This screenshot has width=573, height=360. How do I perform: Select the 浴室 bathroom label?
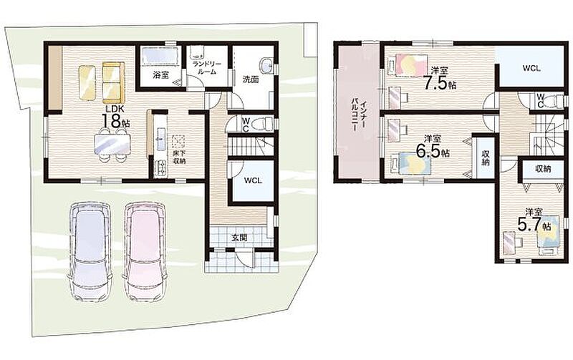pyautogui.click(x=160, y=76)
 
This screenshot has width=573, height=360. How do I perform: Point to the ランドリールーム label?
pyautogui.click(x=207, y=68)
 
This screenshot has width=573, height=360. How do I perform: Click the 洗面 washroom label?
pyautogui.click(x=250, y=79)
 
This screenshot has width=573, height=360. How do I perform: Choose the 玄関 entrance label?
pyautogui.click(x=239, y=238)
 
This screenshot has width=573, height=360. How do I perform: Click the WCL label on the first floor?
pyautogui.click(x=253, y=180)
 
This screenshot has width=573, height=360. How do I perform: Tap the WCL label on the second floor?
pyautogui.click(x=531, y=68)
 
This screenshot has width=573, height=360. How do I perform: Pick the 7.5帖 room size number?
pyautogui.click(x=440, y=84)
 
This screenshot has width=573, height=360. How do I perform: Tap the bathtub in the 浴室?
pyautogui.click(x=160, y=57)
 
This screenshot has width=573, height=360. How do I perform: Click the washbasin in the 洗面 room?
pyautogui.click(x=266, y=66)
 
